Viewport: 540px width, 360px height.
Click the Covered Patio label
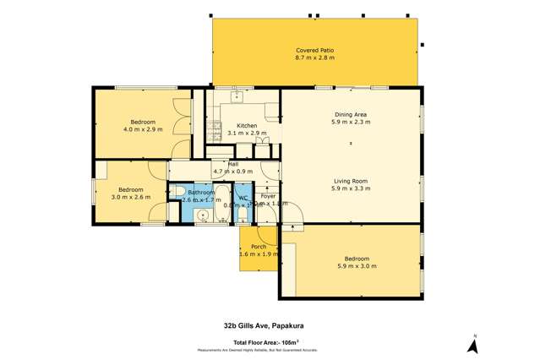point(314,51)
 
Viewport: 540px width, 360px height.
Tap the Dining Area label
point(350,114)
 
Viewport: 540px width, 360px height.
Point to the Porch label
point(258,247)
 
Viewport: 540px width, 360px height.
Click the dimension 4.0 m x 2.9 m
point(142,130)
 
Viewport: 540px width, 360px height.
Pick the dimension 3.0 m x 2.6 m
point(129,197)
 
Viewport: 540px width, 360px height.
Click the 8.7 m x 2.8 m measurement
point(314,59)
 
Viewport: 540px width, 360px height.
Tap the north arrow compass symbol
point(474,344)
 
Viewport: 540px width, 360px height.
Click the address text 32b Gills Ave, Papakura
point(270,324)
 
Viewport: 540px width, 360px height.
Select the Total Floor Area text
point(270,341)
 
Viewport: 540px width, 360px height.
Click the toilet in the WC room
point(242,215)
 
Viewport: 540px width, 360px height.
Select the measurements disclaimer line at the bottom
point(270,349)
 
